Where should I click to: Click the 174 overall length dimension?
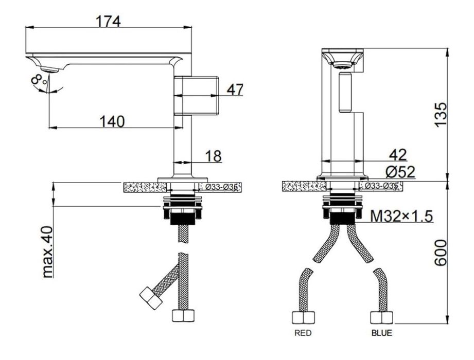[x=108, y=22]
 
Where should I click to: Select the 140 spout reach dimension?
[x=112, y=121]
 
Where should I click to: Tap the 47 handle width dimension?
[x=235, y=89]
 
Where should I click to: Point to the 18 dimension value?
[x=214, y=156]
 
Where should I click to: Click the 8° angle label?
[x=39, y=80]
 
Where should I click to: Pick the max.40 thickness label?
[x=47, y=252]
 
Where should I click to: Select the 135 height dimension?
[x=441, y=115]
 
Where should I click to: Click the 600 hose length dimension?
[x=441, y=253]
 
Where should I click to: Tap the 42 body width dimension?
[x=398, y=155]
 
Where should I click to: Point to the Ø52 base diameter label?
[x=400, y=172]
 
